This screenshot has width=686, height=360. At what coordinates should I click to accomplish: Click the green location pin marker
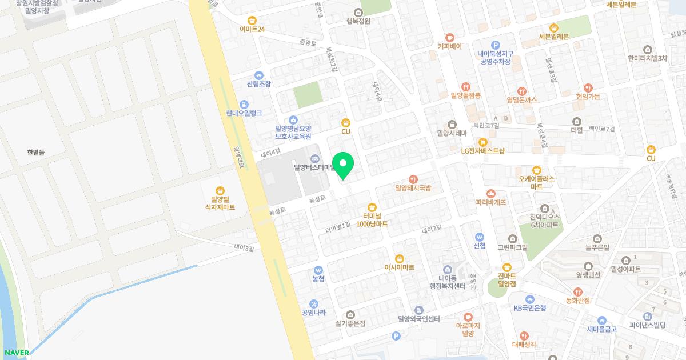[x=343, y=166]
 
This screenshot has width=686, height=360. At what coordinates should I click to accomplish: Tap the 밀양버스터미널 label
[x=313, y=167]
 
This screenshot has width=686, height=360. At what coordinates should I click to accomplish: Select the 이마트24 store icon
[x=252, y=20]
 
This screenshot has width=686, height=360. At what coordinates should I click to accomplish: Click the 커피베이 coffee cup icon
[x=449, y=37]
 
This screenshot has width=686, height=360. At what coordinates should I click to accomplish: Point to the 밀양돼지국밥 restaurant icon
[x=413, y=179]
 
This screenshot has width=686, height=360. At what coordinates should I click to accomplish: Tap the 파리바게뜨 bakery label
[x=491, y=202]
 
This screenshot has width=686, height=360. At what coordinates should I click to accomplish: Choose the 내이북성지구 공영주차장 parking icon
[x=496, y=45]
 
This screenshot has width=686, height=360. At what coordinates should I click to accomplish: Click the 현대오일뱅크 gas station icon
[x=244, y=105]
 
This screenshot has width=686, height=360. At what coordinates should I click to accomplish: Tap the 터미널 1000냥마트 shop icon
[x=372, y=207]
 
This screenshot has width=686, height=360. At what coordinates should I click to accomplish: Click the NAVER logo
[x=15, y=353]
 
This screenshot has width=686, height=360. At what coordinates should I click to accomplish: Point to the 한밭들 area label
[x=35, y=153]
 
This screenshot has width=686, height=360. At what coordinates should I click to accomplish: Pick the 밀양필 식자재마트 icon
[x=220, y=191]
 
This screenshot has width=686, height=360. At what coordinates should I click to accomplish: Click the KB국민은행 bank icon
[x=530, y=299]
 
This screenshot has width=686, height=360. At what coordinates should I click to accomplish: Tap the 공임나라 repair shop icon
[x=314, y=303]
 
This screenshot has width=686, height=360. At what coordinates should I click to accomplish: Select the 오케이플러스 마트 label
[x=537, y=182]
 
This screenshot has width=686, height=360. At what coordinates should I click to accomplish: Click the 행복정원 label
[x=358, y=21]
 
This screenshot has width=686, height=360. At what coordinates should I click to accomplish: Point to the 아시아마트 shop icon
[x=400, y=258]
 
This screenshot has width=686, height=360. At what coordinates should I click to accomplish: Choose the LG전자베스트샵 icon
[x=483, y=142]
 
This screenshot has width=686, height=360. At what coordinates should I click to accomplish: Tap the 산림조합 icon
[x=259, y=75]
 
